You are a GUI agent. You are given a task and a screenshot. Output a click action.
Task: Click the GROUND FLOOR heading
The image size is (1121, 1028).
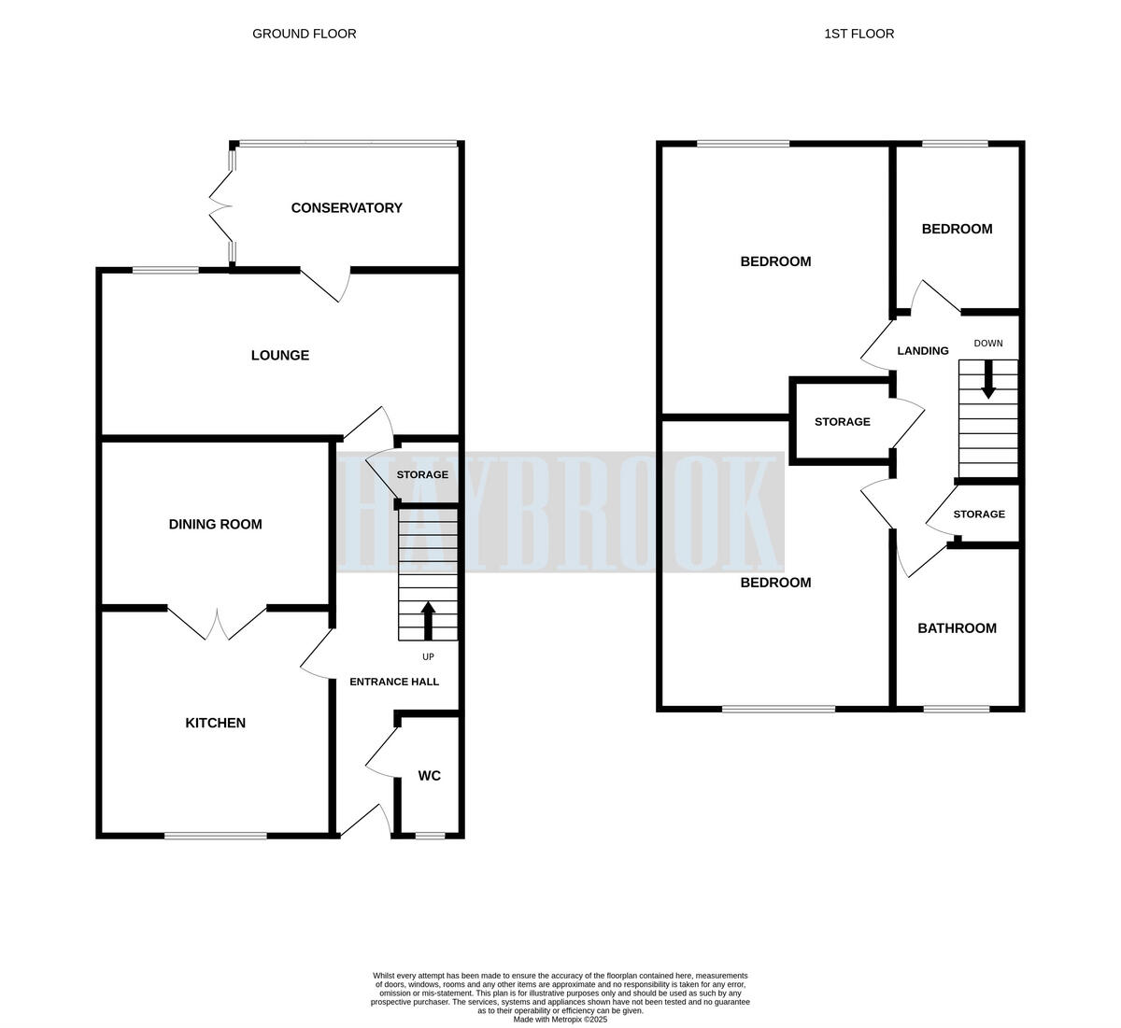coord(304,34)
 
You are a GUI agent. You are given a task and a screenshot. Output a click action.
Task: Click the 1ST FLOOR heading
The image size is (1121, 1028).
coord(858,34)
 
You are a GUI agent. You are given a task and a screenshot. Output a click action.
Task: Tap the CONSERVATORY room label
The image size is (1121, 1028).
coord(347,208)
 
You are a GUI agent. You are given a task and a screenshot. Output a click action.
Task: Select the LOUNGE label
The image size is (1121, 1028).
coord(280,356)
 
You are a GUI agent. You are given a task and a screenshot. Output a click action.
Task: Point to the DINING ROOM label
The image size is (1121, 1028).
coord(215,525)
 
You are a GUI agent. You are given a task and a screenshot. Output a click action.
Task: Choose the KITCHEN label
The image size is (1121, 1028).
coord(215,723)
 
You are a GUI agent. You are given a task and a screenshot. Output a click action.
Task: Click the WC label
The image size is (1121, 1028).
coord(429,776)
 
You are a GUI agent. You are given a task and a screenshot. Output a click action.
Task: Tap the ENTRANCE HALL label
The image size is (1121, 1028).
coord(394,682)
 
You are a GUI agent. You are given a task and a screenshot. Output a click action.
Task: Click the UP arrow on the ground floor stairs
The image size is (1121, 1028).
coord(429,621)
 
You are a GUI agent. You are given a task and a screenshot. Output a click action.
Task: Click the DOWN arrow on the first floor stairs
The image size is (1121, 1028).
coord(988,380)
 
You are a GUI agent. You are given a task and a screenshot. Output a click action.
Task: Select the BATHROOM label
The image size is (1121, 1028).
coord(957,628)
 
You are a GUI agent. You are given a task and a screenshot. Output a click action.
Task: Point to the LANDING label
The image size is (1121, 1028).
coord(923,351)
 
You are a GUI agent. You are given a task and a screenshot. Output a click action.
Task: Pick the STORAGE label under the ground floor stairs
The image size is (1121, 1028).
coord(422,474)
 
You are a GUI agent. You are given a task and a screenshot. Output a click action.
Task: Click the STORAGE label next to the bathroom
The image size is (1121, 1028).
coord(979,514)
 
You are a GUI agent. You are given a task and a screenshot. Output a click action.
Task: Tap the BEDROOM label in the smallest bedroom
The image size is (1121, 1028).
coord(957,229)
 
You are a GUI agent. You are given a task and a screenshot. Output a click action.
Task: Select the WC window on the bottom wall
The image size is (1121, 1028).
coord(430,836)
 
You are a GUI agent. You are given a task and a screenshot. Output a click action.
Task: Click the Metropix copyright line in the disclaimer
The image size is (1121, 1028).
coord(560,1020)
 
